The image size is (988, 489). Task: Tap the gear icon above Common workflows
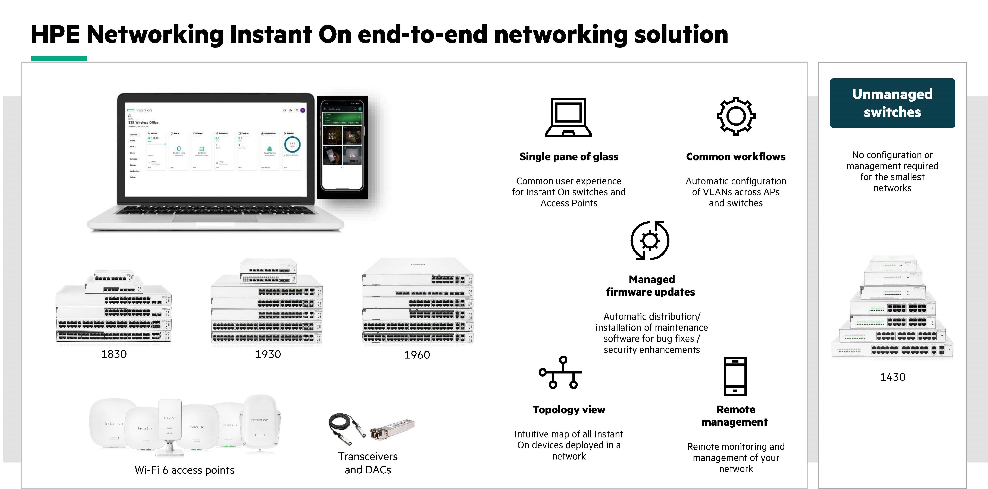click(x=736, y=116)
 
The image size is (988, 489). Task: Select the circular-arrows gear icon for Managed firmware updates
click(x=650, y=241)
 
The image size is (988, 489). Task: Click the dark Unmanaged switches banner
click(x=892, y=103)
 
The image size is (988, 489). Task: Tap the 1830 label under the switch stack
click(x=113, y=354)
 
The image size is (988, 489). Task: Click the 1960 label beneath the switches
click(x=417, y=355)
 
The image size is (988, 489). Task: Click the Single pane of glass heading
click(x=568, y=157)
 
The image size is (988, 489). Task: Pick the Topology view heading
click(x=568, y=410)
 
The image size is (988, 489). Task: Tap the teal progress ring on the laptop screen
click(x=292, y=144)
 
